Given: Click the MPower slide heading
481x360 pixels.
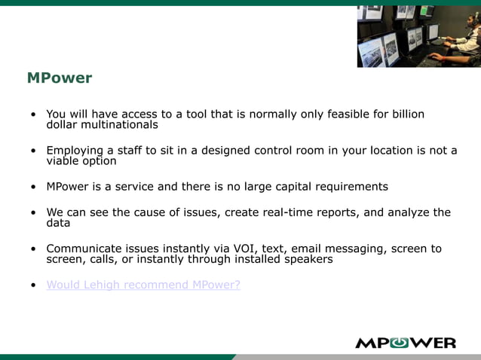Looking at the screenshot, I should point(59,78).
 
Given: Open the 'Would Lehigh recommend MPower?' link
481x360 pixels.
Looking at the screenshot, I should point(143,285).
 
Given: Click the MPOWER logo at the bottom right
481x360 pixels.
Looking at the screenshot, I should point(405,343).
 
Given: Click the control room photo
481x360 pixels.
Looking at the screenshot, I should point(418,35).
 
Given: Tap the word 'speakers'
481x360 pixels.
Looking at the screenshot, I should point(308,259).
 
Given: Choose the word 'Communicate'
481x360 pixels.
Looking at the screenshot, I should point(83,249).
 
